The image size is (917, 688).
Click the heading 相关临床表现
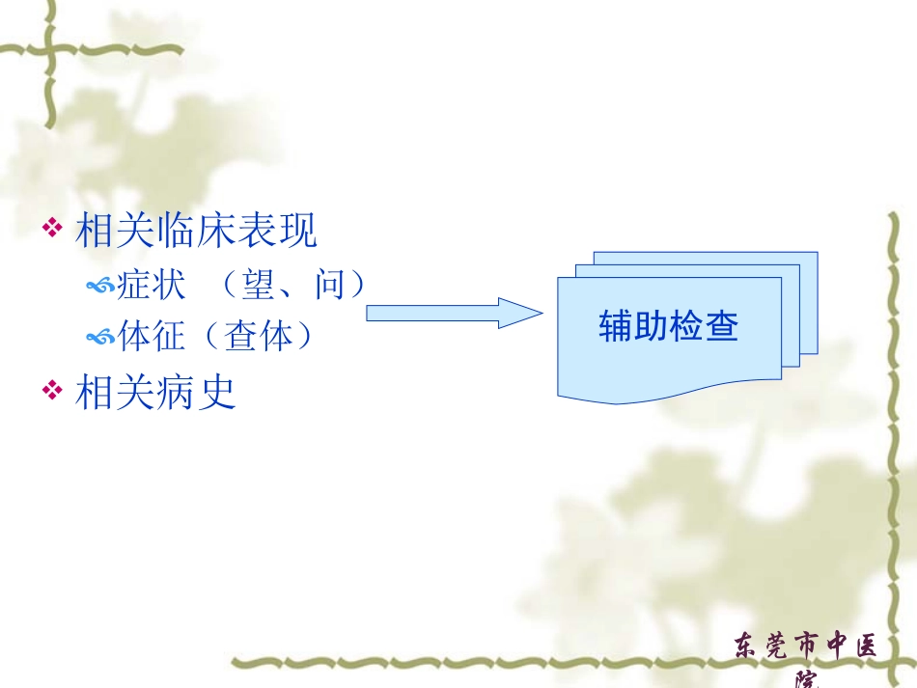tap(196, 231)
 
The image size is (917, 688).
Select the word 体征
tap(151, 336)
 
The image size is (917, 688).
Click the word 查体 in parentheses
tap(256, 336)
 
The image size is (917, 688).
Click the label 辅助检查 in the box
tap(668, 326)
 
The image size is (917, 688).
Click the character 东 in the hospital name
tap(747, 646)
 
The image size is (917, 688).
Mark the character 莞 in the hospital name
tap(773, 646)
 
